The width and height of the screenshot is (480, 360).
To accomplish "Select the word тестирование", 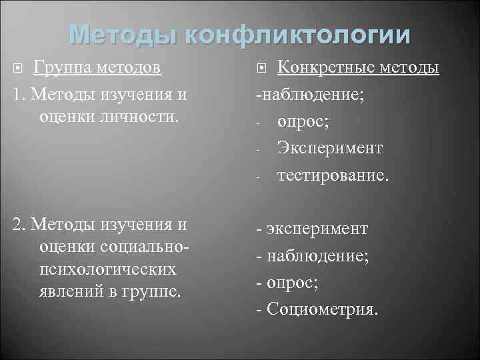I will point(331,175).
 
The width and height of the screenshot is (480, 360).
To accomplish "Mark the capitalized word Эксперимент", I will point(330,147).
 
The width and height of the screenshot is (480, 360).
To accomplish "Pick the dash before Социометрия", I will point(259,309).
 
